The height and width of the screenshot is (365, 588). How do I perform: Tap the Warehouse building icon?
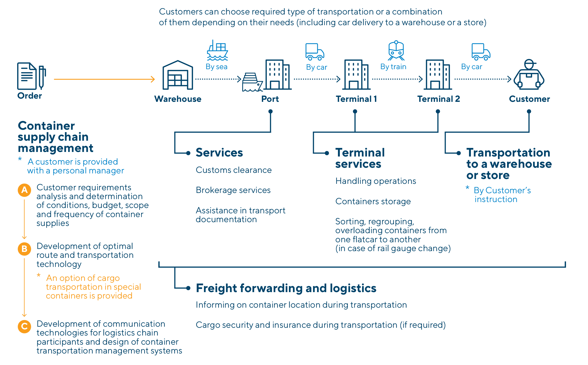click(x=178, y=76)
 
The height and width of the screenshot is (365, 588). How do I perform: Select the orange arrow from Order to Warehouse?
click(x=104, y=79)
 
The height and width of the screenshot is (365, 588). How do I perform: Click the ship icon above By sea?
click(x=217, y=51)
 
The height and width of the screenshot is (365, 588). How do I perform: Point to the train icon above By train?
click(x=396, y=50)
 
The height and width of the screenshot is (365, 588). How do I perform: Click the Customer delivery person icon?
click(x=529, y=75)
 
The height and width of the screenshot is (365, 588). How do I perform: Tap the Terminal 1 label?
click(x=356, y=99)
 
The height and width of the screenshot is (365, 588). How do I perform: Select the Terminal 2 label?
click(x=438, y=99)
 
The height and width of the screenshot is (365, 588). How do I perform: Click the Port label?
click(x=270, y=99)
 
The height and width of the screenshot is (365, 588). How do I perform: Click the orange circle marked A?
click(x=24, y=190)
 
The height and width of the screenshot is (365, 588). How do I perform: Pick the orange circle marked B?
click(x=24, y=249)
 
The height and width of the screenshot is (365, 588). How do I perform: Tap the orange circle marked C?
click(x=24, y=326)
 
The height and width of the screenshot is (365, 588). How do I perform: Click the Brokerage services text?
click(x=233, y=190)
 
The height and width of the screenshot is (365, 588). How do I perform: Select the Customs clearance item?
click(x=233, y=170)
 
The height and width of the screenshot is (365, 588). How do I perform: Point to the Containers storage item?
click(x=373, y=201)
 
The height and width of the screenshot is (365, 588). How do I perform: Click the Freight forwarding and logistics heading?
click(x=286, y=288)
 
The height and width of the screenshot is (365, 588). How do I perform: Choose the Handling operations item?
click(x=375, y=181)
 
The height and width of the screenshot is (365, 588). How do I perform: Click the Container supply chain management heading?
click(x=55, y=137)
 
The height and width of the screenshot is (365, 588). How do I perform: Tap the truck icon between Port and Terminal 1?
click(x=315, y=52)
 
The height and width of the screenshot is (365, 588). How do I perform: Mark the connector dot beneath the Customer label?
click(x=529, y=111)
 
